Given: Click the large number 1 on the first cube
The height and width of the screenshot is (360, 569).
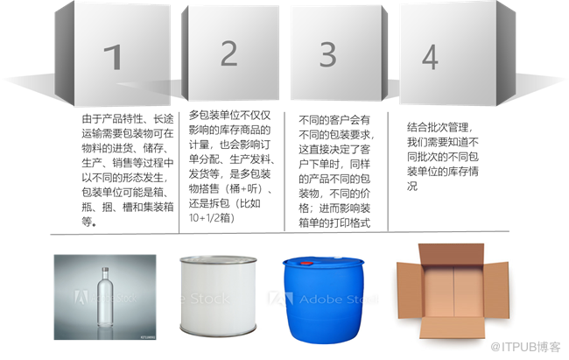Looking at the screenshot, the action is tap(113, 57).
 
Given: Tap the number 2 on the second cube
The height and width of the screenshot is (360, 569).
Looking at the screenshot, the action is tap(229, 53).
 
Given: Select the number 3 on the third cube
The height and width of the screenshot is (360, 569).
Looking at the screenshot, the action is tap(327, 54).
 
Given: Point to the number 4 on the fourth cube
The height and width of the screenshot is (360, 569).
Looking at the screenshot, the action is tap(430, 57).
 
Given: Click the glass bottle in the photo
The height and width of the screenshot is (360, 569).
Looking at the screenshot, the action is tap(105, 297).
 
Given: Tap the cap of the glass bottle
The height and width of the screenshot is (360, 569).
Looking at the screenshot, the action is tap(105, 271).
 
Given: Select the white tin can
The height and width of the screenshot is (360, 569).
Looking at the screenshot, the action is tap(218, 296).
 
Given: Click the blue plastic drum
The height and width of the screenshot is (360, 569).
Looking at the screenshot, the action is tap(323, 300).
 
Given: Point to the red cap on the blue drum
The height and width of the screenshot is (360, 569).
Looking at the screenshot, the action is tap(306, 263).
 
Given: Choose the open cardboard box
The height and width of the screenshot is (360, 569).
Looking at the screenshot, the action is tap(453, 291).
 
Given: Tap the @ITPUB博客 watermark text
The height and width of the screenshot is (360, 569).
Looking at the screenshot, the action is tap(525, 347).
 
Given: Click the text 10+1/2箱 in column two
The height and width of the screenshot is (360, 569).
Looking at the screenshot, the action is tap(211, 217).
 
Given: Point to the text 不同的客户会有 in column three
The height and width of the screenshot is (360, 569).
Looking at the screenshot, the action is tap(334, 120).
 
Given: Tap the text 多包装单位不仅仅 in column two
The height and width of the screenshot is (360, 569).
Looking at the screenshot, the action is tap(229, 115).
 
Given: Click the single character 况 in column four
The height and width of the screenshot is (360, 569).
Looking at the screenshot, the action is tap(412, 186).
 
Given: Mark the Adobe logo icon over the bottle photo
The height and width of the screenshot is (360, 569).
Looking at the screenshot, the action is tap(81, 297).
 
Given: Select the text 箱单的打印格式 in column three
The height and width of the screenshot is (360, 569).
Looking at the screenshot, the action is tap(334, 222).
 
